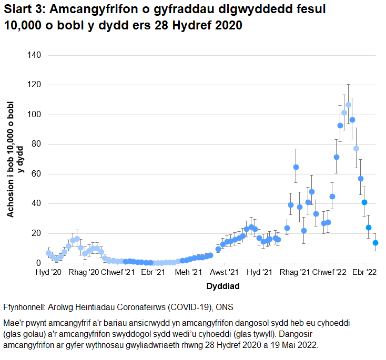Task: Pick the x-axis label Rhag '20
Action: point(84,273)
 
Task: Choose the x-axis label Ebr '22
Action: point(364,273)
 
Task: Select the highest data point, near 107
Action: point(348,105)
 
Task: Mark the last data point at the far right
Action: point(376,243)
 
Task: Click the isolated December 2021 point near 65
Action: point(296,167)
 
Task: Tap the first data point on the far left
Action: point(48,253)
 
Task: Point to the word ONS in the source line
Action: point(224,307)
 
